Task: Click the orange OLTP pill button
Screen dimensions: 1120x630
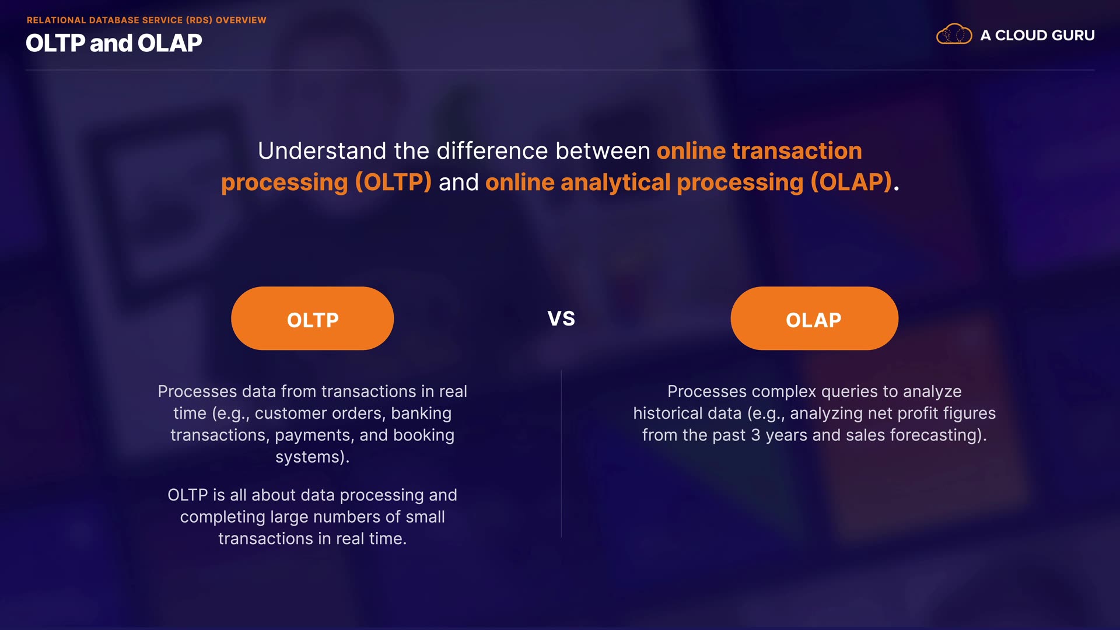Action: coord(312,318)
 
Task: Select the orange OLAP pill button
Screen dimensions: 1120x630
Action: coord(814,318)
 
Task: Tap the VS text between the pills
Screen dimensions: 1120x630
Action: coord(561,319)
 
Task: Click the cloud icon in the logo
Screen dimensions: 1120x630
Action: coord(954,34)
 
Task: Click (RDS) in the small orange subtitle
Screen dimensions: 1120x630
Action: coord(199,20)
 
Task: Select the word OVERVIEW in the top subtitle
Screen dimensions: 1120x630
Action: coord(241,20)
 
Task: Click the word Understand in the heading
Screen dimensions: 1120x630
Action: coord(322,151)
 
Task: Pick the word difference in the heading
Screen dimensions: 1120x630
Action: coord(492,151)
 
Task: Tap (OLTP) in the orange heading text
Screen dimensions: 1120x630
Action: coord(393,183)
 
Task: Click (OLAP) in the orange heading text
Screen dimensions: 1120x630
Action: coord(852,183)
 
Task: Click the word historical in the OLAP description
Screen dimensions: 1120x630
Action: coord(687,414)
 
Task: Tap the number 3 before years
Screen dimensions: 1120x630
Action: coord(755,436)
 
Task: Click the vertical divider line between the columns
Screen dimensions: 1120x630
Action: coord(561,454)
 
